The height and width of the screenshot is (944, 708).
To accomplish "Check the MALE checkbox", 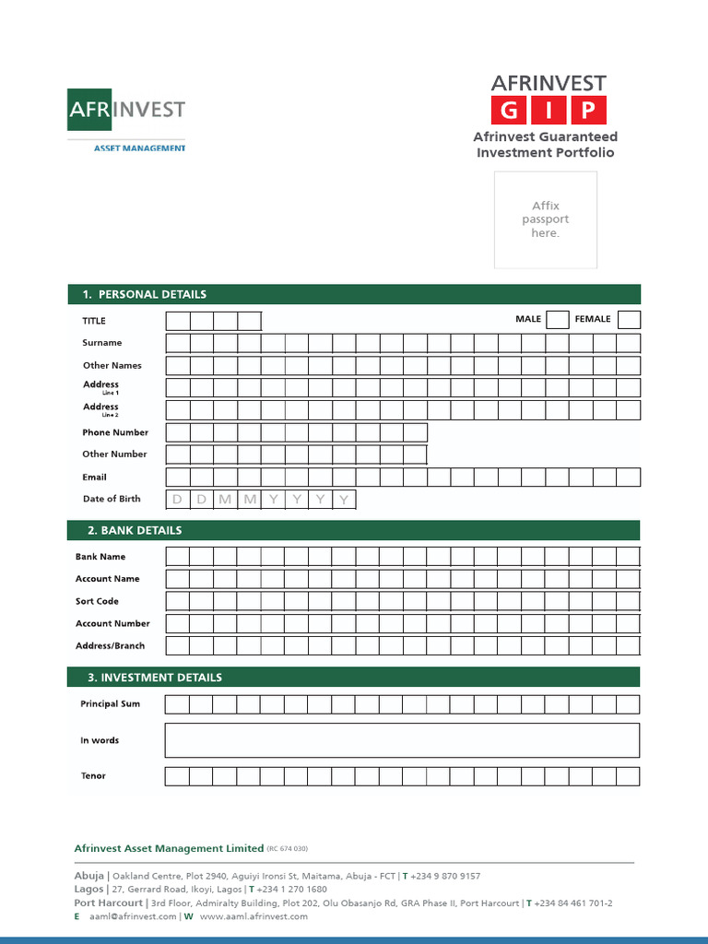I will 557,320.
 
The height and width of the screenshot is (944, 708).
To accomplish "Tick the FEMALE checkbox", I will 629,320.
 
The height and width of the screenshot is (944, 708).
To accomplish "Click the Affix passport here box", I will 545,219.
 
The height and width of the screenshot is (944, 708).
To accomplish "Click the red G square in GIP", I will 509,112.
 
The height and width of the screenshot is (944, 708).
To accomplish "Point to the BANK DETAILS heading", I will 135,531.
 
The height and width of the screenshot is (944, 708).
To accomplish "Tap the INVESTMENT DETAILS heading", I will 154,678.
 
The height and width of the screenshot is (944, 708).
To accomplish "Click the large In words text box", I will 401,740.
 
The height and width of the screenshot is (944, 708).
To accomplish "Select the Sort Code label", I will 97,601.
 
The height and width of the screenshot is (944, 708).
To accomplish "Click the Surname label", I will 101,343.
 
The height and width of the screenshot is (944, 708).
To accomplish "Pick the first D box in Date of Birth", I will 177,500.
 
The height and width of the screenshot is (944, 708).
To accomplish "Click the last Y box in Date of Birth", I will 344,500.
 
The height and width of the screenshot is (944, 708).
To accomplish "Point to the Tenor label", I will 93,776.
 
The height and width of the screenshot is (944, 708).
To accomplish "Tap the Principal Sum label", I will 111,704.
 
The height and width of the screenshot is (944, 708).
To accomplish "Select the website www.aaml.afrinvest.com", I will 254,916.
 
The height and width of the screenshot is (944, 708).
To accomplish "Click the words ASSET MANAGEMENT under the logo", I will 140,147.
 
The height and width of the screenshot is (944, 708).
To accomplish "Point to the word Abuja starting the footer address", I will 88,876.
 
